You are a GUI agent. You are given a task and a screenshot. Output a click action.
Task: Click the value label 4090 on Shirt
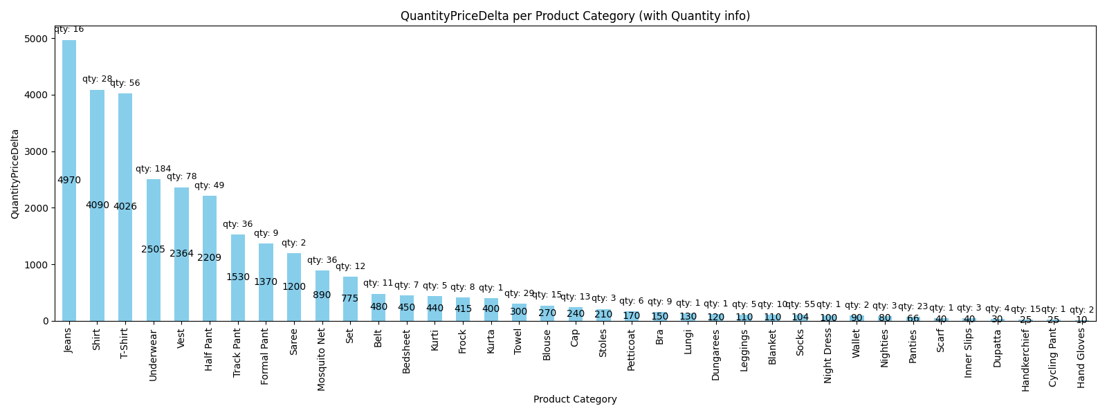pos(98,205)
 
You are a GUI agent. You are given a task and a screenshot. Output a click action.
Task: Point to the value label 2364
pos(182,254)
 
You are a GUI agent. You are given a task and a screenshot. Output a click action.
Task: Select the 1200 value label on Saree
pos(294,287)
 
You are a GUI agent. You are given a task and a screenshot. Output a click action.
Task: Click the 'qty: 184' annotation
pos(153,169)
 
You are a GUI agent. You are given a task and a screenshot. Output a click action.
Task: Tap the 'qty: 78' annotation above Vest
pos(181,177)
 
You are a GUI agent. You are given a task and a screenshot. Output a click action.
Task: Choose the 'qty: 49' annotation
pos(209,185)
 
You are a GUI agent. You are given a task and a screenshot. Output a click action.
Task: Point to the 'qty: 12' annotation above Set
pos(350,266)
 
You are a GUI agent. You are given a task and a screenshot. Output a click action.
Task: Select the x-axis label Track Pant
pos(238,352)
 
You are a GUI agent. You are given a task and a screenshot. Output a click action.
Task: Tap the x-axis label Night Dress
pos(828,356)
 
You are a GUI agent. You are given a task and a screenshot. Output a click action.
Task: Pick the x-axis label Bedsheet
pos(407,351)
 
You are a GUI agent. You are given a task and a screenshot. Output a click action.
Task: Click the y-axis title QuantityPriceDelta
pos(15,174)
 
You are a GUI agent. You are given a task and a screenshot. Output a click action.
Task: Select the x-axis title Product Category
pos(575,399)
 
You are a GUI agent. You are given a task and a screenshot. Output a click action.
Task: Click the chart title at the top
pos(575,16)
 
